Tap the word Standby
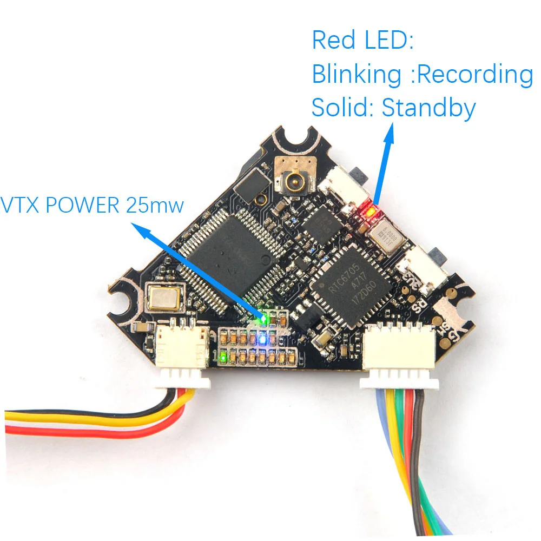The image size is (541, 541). click(x=428, y=108)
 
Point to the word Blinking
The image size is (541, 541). click(x=357, y=75)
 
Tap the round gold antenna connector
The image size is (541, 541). click(x=295, y=184)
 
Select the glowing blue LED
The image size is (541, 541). click(x=263, y=340)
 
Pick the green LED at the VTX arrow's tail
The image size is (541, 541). click(x=264, y=319)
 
